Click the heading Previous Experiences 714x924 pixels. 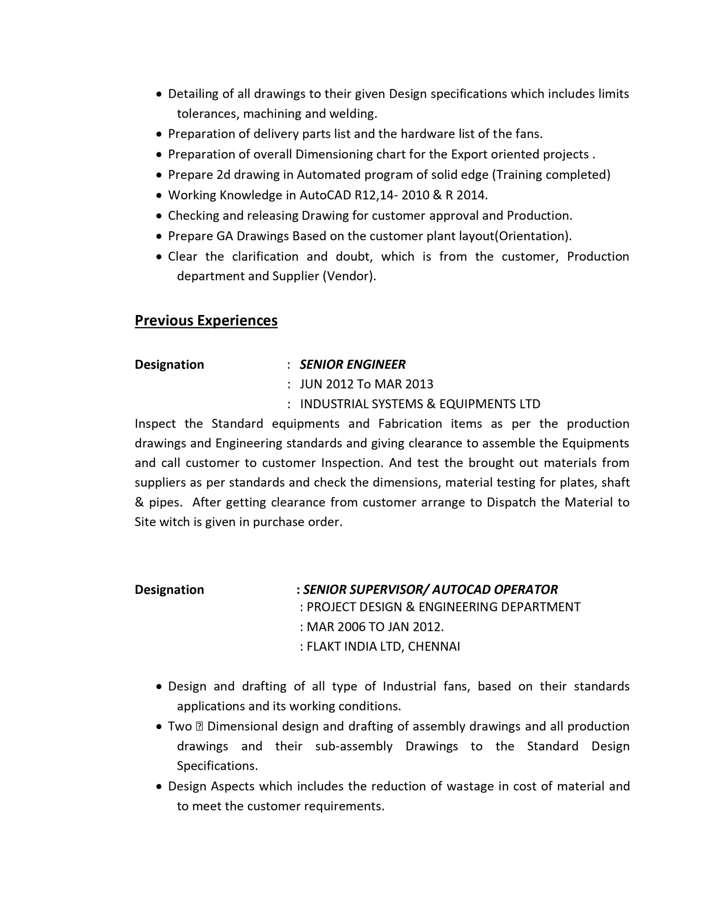click(x=206, y=320)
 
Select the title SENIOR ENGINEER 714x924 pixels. click(x=353, y=364)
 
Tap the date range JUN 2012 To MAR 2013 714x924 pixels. click(x=366, y=384)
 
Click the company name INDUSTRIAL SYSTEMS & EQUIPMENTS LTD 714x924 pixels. click(x=420, y=404)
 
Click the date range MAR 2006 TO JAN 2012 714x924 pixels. click(x=375, y=627)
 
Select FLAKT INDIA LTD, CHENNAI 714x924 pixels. click(x=383, y=646)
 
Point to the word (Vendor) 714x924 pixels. click(x=349, y=276)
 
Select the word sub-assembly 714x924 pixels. click(x=354, y=746)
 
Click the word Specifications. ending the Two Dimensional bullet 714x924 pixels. click(x=217, y=766)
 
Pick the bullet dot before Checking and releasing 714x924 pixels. click(x=159, y=216)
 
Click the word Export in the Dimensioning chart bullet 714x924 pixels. click(x=469, y=154)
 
